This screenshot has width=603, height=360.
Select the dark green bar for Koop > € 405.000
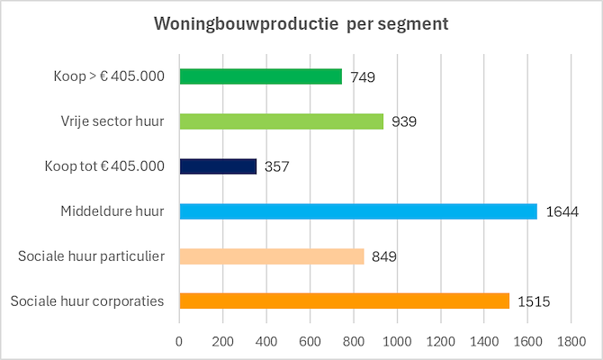pyautogui.click(x=261, y=76)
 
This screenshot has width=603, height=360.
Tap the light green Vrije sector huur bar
pyautogui.click(x=282, y=121)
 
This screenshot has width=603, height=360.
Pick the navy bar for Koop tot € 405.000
pyautogui.click(x=219, y=166)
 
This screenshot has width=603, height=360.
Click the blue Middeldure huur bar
pyautogui.click(x=358, y=211)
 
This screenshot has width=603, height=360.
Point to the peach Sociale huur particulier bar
pyautogui.click(x=272, y=256)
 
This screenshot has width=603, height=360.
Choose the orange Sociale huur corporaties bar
pyautogui.click(x=345, y=301)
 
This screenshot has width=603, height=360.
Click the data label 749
pyautogui.click(x=363, y=77)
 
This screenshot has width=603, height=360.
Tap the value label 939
pyautogui.click(x=404, y=122)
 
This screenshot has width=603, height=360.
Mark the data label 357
pyautogui.click(x=277, y=167)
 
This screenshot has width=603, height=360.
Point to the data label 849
pyautogui.click(x=384, y=257)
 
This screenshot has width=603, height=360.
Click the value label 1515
pyautogui.click(x=533, y=301)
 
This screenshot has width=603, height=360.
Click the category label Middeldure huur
pyautogui.click(x=112, y=211)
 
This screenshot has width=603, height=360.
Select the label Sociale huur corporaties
pyautogui.click(x=87, y=301)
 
